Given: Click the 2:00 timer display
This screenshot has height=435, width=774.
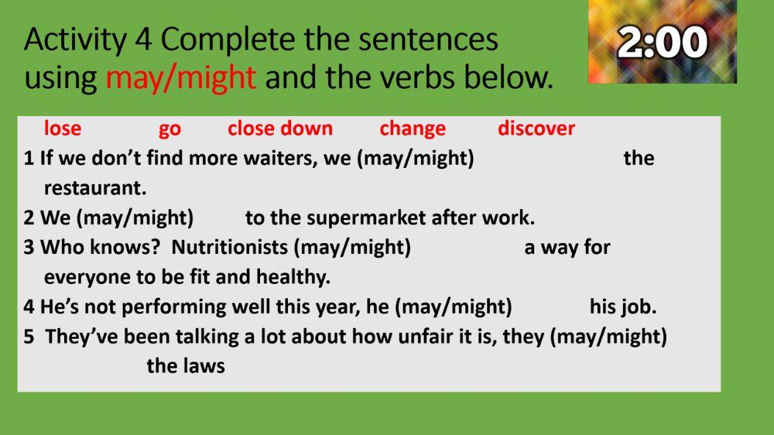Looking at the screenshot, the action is pos(663,43).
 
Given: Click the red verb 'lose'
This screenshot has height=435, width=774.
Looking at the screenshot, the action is pos(63,128).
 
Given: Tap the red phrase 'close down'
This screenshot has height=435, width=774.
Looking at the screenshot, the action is pos(280,128).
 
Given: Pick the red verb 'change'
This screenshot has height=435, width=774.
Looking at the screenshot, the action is pos(413,129).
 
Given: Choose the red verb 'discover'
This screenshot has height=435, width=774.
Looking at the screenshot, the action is pos(536,128).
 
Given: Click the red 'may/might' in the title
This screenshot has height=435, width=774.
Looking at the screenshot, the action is pos(180,78).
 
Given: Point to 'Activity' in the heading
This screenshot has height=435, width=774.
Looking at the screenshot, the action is pos(75,40).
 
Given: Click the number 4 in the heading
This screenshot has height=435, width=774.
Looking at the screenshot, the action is pos(143,39).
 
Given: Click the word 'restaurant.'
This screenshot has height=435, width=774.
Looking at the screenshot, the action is pos(95,188).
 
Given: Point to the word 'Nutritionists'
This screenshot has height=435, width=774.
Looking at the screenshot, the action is pos(230,248).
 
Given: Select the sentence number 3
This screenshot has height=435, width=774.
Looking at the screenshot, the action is pos(29,248).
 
